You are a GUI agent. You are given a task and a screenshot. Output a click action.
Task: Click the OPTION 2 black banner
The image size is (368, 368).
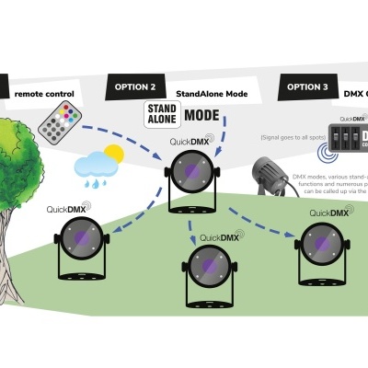[135, 88]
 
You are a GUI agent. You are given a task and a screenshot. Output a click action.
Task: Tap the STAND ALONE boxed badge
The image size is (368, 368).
[159, 115]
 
